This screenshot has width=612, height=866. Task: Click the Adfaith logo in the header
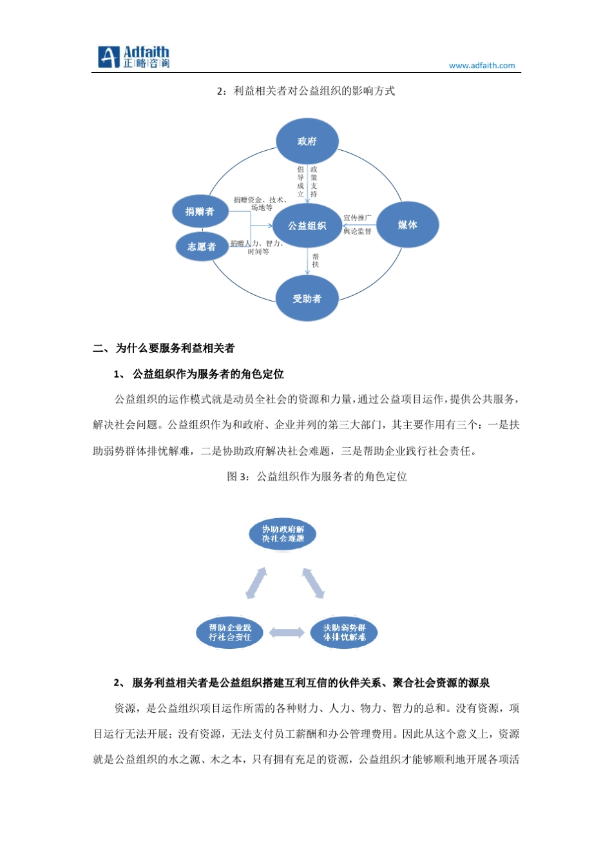pos(133,57)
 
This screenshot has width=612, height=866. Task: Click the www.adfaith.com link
pos(482,66)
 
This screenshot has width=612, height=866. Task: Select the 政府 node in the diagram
pos(307,141)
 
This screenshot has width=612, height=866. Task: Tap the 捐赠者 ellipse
pos(200,211)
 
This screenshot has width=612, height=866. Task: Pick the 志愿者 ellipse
pos(202,247)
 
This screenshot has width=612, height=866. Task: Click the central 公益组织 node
pos(307,226)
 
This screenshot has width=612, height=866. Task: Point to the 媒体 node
pos(407,225)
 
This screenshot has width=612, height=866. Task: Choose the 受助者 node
pos(307,298)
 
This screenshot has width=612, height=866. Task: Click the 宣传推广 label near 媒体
pos(358,218)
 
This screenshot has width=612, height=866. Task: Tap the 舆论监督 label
pos(358,231)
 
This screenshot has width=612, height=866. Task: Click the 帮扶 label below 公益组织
pos(316,260)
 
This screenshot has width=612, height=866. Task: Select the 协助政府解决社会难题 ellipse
pos(283,534)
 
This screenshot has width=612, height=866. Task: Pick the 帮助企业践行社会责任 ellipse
pos(230,632)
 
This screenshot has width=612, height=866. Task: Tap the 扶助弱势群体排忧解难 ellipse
pos(344,632)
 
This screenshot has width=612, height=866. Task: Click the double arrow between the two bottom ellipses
pos(287,633)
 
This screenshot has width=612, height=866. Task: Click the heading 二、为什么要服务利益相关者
pos(164,349)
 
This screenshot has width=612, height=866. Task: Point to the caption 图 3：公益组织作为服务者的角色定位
pos(317,477)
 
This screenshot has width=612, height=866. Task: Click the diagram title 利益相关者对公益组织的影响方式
pos(314,91)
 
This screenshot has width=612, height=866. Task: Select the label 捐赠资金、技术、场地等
pos(261,204)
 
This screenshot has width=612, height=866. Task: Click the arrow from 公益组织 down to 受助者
pos(308,261)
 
